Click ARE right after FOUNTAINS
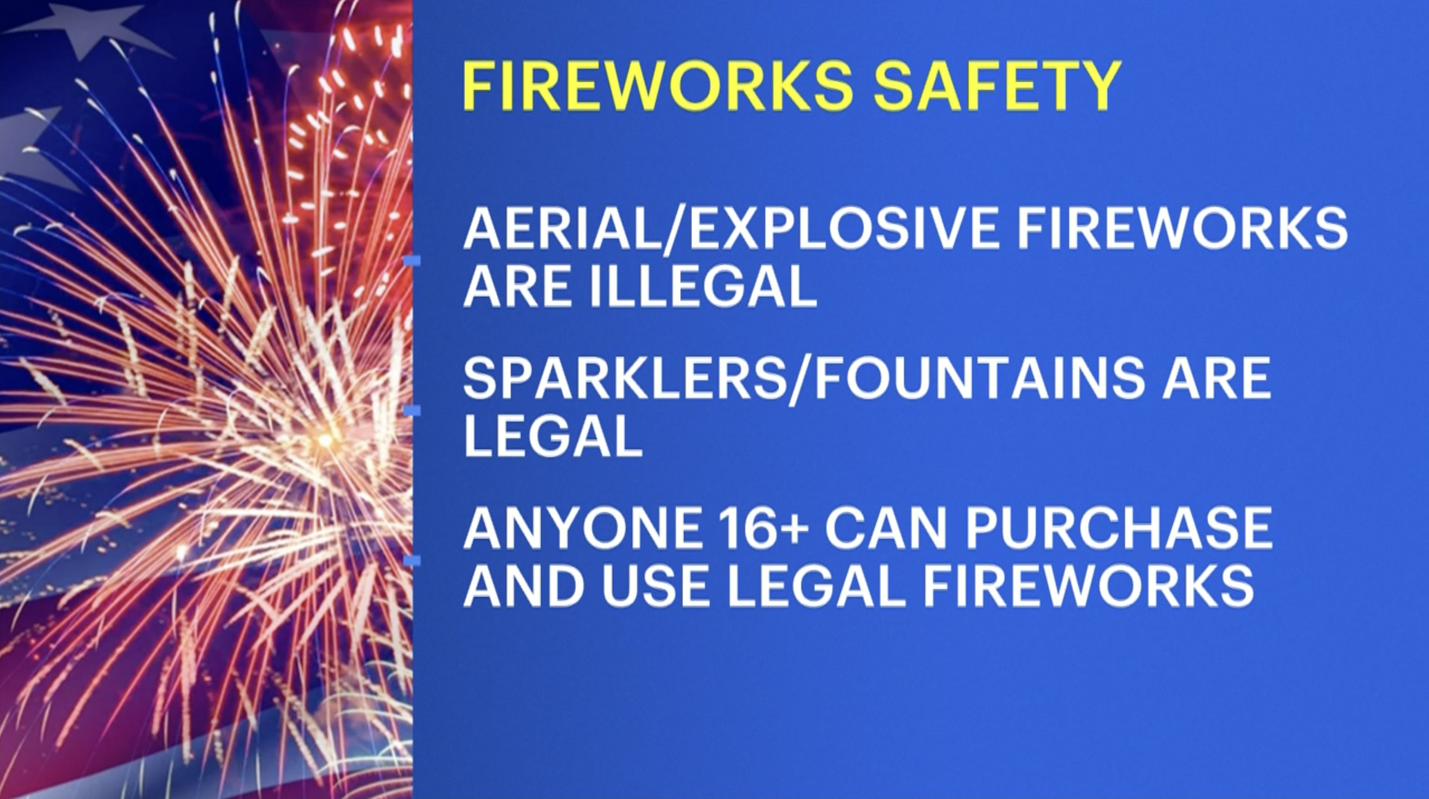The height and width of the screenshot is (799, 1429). tap(1215, 379)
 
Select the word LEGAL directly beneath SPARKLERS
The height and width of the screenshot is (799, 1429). tap(553, 437)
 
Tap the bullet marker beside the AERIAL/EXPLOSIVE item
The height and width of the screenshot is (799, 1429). tap(412, 260)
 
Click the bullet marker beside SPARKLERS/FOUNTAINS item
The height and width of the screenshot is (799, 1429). tap(412, 410)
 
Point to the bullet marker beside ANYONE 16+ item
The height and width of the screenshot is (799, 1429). tap(412, 561)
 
